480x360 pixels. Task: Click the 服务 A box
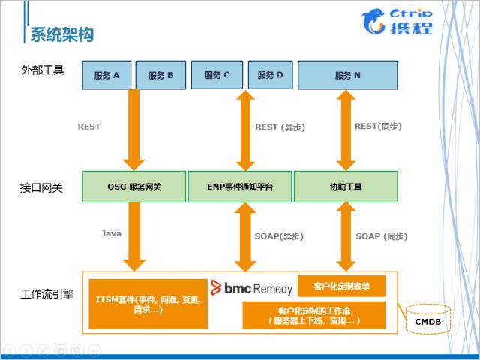click(106, 75)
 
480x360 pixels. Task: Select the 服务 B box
click(160, 75)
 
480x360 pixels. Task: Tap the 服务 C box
click(216, 74)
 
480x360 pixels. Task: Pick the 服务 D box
click(270, 74)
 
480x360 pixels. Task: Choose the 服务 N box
click(347, 75)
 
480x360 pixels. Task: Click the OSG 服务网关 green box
click(133, 187)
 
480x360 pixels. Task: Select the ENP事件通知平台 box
click(239, 187)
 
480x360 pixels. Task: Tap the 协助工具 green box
click(346, 187)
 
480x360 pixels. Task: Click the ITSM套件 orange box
click(148, 304)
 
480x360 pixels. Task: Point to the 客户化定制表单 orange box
click(341, 286)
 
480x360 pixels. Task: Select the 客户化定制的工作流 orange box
click(314, 315)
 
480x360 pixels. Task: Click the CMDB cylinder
click(428, 321)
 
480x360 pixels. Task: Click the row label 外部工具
click(43, 70)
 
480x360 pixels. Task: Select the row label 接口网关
click(43, 187)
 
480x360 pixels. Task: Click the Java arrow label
click(111, 233)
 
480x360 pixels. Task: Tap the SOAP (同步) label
click(381, 235)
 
